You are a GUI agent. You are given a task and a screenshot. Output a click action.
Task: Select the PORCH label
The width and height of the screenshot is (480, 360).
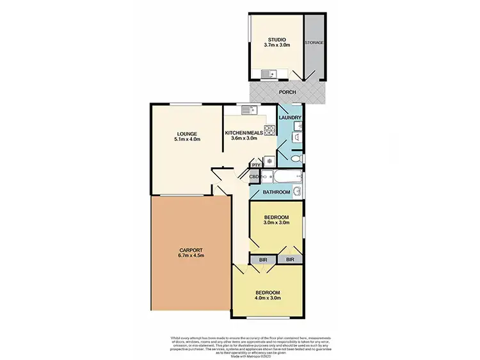click(288, 92)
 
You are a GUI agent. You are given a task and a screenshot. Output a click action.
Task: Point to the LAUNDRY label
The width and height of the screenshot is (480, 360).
click(290, 118)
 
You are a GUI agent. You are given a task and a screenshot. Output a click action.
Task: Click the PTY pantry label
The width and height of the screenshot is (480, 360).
click(256, 165)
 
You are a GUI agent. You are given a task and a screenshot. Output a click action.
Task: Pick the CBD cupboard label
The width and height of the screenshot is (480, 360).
click(253, 177)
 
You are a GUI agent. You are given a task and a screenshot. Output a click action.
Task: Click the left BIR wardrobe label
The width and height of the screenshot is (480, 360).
click(262, 259)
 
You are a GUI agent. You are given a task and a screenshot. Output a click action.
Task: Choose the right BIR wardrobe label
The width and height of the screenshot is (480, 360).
click(291, 259)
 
